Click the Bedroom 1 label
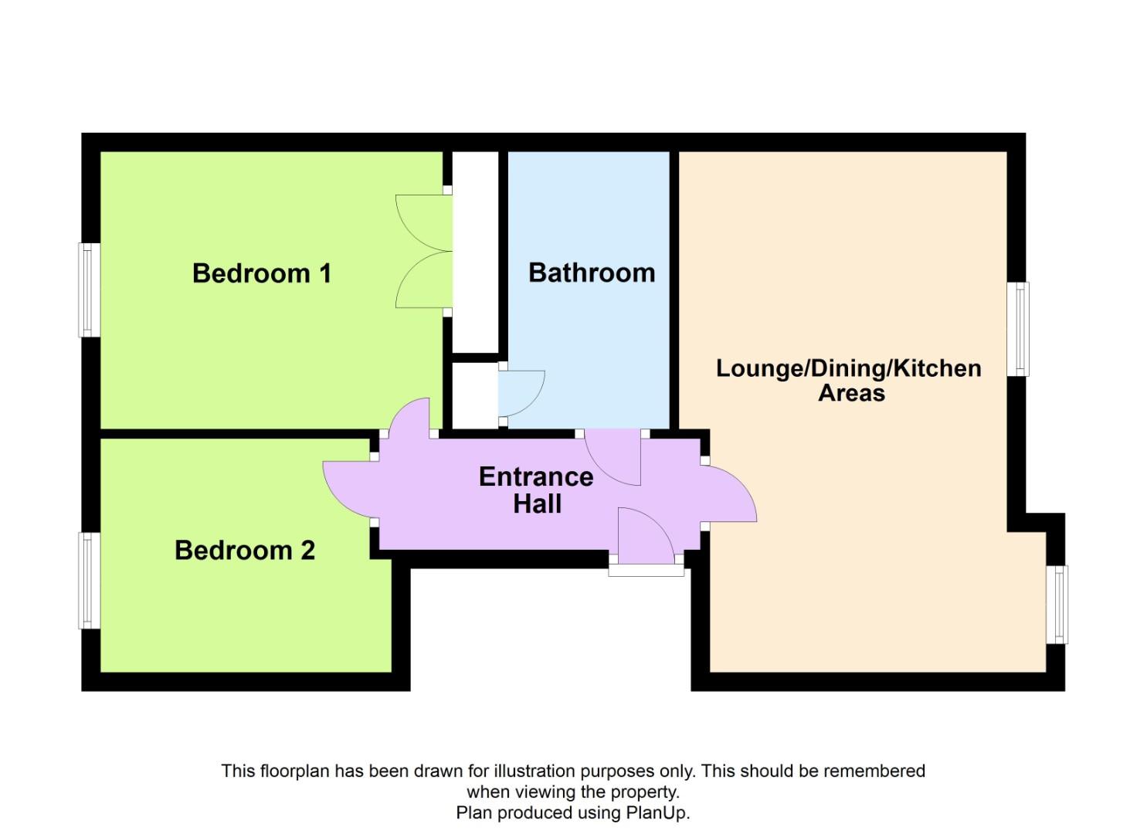click(262, 273)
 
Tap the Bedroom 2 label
click(245, 550)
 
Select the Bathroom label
click(592, 273)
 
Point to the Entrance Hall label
click(536, 490)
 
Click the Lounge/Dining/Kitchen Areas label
click(849, 380)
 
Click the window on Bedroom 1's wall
click(90, 290)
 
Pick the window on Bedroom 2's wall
click(90, 580)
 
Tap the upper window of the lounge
click(1019, 329)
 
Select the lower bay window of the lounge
click(1057, 605)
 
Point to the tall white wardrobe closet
click(475, 251)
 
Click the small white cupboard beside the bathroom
click(474, 396)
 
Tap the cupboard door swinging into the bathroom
click(521, 394)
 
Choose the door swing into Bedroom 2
click(349, 490)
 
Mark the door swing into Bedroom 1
click(410, 417)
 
